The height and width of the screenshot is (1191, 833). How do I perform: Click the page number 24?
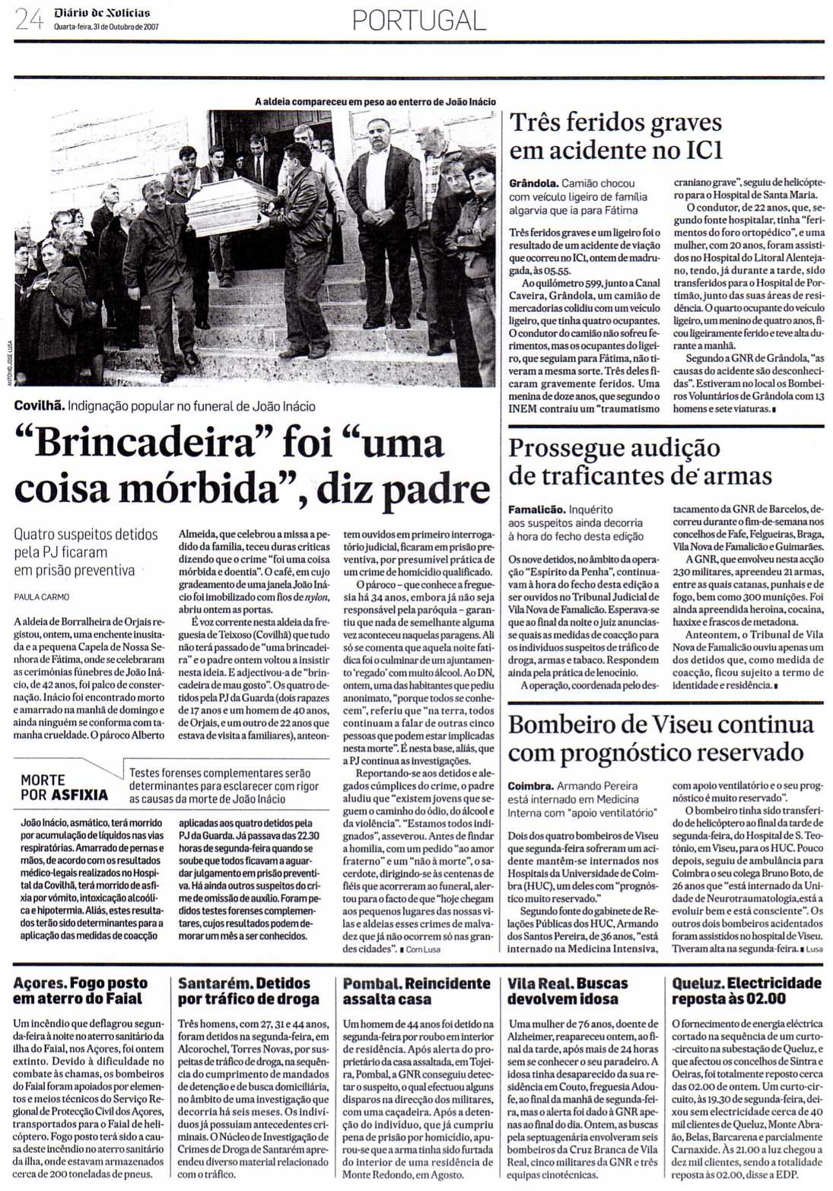point(30,19)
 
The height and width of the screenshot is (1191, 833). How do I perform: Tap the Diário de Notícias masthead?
point(102,13)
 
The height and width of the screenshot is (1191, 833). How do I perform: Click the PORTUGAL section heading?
point(419,20)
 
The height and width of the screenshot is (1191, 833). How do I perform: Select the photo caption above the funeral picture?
point(375,101)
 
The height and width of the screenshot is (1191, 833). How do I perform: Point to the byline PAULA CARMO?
point(42,597)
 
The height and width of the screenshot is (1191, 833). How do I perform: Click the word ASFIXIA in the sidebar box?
point(80,796)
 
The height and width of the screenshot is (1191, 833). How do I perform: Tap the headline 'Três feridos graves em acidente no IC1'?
point(615,136)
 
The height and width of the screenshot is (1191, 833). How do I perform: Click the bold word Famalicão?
point(536,510)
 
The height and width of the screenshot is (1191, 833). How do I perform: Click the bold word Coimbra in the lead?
point(530,786)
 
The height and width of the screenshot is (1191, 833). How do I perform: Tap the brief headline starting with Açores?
point(81,991)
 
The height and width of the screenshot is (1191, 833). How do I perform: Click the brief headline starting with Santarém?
point(244,991)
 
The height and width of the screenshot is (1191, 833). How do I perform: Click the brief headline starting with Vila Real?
point(568,991)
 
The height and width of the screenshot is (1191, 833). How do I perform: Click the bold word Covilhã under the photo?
point(39,406)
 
